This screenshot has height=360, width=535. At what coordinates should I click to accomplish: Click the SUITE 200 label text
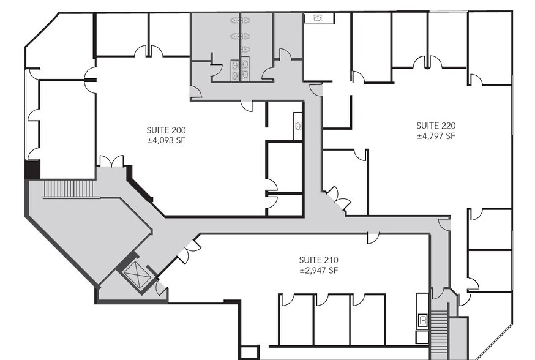[166, 130]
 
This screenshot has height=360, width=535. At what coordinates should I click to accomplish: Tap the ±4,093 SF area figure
[166, 140]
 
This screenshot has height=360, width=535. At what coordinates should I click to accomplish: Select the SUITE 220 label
[436, 126]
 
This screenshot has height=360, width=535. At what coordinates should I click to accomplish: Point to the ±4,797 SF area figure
[436, 136]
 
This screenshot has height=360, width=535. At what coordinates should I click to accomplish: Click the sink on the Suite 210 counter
[422, 319]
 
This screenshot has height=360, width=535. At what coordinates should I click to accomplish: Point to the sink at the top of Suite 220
[319, 18]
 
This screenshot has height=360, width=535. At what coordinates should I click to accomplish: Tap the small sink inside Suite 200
[298, 127]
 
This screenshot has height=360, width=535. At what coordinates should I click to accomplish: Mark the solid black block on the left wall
[32, 169]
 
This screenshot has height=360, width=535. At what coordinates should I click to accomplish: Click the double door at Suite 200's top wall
[148, 51]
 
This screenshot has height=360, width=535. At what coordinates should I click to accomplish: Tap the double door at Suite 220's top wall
[427, 62]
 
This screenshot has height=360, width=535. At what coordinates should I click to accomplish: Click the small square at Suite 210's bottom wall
[249, 353]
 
